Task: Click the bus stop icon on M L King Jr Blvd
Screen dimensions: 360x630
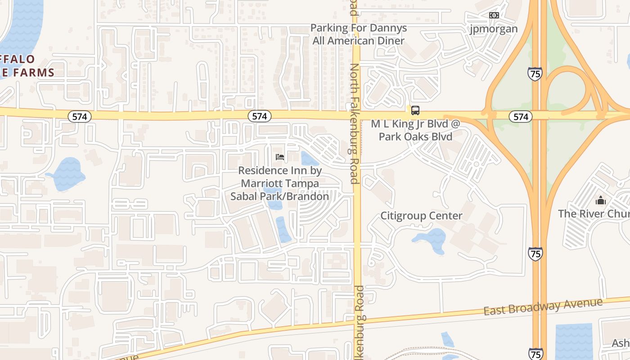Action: click(x=415, y=110)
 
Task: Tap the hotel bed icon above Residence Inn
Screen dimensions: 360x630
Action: click(x=279, y=157)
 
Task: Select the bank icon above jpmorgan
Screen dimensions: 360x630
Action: click(x=494, y=15)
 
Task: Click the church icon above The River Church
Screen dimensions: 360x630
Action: click(x=600, y=200)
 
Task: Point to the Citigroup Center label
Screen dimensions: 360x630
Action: click(x=421, y=216)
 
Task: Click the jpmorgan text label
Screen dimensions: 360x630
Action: click(x=494, y=29)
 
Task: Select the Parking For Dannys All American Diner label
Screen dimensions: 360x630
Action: click(x=359, y=34)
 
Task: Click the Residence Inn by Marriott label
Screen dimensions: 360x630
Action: click(x=279, y=183)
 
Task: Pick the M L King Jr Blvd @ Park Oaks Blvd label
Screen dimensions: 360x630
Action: click(x=415, y=130)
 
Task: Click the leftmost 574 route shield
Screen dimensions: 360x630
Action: click(x=80, y=117)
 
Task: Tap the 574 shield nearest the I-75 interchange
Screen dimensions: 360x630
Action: click(x=520, y=117)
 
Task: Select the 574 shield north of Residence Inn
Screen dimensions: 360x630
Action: click(x=259, y=116)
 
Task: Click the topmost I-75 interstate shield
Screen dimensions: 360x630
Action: click(x=535, y=74)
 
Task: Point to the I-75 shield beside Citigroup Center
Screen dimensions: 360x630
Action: click(x=535, y=254)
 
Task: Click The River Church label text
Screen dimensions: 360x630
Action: click(x=594, y=213)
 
